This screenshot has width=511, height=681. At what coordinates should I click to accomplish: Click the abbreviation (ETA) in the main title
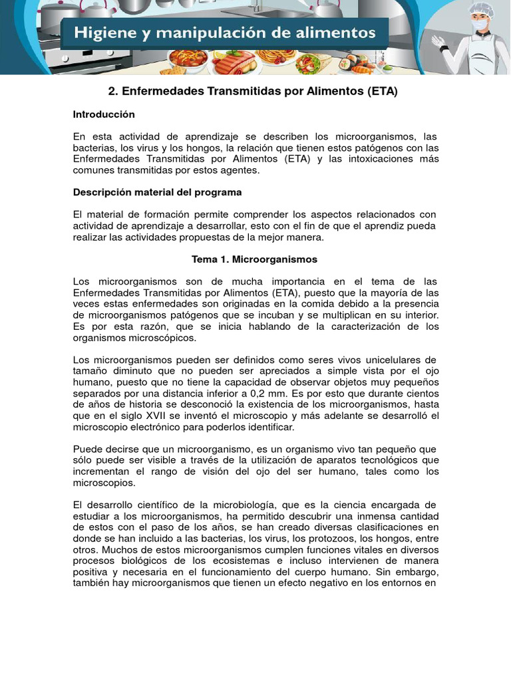click(382, 92)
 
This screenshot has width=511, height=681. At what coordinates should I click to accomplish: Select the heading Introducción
click(104, 114)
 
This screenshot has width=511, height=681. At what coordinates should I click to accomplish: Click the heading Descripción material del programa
click(157, 192)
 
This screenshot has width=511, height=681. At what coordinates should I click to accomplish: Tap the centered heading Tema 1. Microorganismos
click(255, 259)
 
